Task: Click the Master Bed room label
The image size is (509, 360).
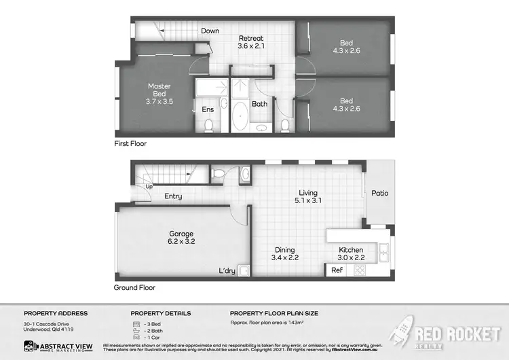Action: pos(159,94)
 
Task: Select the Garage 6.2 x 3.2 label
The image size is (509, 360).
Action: pos(181,237)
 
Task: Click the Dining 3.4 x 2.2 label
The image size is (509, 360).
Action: pos(285,253)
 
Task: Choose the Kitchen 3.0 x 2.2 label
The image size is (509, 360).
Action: pos(351,253)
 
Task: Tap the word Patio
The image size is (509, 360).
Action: pos(380,193)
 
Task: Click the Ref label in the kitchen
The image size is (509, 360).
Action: pos(337,270)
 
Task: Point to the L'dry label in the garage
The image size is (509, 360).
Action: pos(227,271)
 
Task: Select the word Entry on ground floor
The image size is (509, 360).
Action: pos(173,197)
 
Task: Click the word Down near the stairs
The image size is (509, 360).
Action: pos(210,31)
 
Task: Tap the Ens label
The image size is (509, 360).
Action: pos(208,109)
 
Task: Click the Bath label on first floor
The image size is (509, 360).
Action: pos(259,104)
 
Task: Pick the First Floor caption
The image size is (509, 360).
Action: pos(130,144)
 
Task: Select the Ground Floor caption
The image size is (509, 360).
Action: pos(134,287)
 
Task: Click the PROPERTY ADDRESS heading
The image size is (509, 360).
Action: pos(56,313)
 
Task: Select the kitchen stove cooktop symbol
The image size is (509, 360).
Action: pos(360,270)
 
